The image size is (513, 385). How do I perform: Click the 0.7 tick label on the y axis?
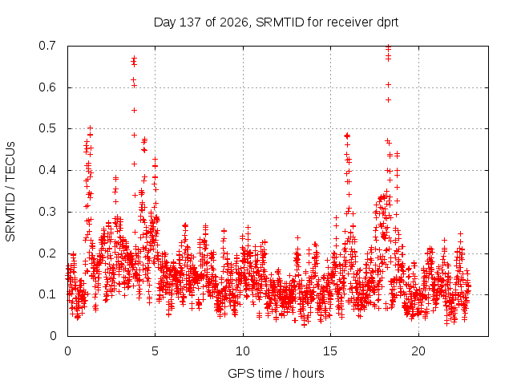47,46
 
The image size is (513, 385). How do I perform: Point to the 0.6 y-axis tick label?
47,87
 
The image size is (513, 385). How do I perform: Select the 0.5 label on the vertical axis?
47,128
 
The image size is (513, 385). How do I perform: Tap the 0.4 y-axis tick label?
47,170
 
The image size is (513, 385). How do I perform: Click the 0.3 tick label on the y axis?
47,212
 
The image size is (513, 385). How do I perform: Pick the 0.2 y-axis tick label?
47,253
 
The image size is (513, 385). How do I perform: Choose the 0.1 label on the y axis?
47,294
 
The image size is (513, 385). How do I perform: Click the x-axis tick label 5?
155,351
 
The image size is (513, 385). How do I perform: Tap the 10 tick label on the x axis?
243,351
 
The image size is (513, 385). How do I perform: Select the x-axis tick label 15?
330,351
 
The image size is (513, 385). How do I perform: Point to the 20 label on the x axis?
418,351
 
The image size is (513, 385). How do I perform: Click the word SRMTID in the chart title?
280,22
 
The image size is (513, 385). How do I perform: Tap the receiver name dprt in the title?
388,23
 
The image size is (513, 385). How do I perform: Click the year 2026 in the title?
233,22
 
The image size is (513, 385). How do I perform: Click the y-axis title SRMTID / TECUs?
10,192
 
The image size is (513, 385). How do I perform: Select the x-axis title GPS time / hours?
276,374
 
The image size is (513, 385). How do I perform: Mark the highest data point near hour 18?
388,47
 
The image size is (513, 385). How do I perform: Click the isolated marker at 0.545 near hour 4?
134,111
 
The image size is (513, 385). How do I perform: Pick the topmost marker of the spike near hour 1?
91,128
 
